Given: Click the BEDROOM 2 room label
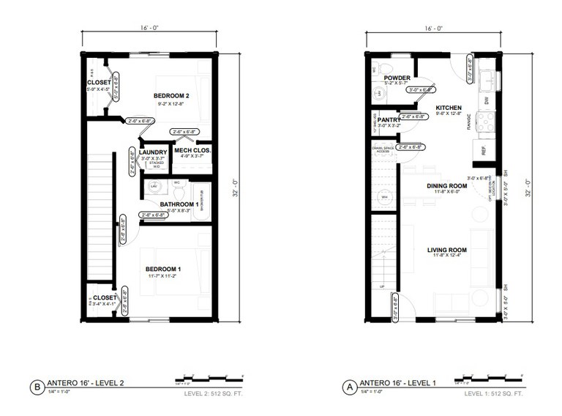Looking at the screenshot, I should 171,96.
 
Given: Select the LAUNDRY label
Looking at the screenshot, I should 153,152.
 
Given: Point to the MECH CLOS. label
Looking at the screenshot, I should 192,150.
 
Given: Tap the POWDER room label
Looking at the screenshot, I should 396,77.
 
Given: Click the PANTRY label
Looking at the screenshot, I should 388,119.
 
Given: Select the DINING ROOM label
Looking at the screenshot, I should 447,186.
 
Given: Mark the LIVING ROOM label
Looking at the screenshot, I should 447,250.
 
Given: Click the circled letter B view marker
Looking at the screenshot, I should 35,386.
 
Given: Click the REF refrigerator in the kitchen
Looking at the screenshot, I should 484,149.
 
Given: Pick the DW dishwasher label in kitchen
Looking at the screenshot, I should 486,100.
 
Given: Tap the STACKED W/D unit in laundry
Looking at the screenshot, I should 157,163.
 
